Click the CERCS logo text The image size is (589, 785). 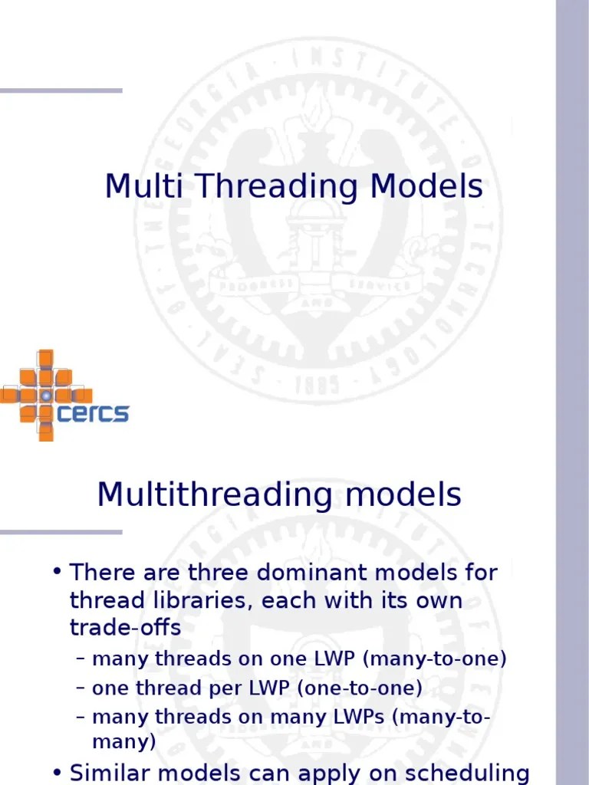(93, 414)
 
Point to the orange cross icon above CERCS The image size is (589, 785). (45, 394)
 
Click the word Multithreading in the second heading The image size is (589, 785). (215, 496)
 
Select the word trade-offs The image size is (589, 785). (126, 628)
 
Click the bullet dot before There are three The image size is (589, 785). (58, 573)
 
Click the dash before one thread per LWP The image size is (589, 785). (81, 688)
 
